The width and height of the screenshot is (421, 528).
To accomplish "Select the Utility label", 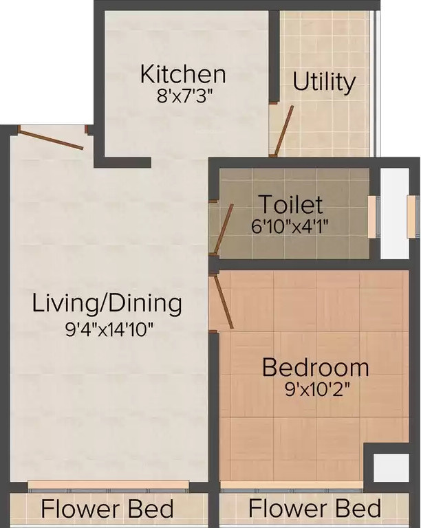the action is pos(324,82).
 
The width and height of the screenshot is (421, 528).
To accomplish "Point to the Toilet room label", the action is pos(292,204).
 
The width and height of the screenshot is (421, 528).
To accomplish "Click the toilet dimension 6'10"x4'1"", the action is pos(290,227).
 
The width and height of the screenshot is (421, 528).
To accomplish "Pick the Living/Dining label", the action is pos(107,304).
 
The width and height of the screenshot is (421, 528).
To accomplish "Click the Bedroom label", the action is pos(316,367).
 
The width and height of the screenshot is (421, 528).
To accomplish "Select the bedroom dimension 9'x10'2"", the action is pos(317,390).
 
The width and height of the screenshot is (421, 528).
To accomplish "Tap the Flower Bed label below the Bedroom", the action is pos(315,508).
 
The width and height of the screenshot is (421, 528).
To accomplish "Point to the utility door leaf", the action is pos(283,131).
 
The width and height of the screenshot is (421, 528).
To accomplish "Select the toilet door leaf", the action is pos(224,228).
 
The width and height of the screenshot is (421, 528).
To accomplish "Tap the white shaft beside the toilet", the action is pos(394,213).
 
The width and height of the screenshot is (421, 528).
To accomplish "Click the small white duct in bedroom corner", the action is pos(391,467).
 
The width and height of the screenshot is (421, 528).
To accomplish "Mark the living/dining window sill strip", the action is pos(108,484).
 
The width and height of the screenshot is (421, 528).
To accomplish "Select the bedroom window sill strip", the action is pos(292,485).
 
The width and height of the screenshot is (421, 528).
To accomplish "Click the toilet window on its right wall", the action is pos(371,217).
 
